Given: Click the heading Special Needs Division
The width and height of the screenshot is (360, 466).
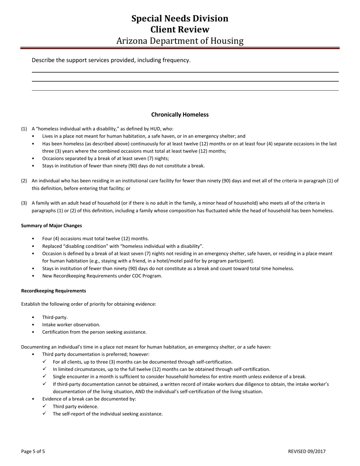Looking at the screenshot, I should [180, 19].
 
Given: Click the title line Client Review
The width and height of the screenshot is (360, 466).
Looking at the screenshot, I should [180, 30].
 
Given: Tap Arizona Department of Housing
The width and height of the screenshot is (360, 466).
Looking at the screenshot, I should [180, 41].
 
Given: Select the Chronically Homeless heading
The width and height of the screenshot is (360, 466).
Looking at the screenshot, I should [180, 114].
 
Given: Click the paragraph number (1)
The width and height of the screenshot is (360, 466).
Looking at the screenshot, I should [24, 129].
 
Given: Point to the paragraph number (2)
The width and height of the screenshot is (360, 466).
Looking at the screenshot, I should [24, 181].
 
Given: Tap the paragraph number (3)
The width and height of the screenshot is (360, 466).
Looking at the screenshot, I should [24, 203].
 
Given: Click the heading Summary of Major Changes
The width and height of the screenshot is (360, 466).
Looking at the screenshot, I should [52, 225].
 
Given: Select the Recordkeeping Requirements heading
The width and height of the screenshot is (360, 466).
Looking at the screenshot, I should [53, 291].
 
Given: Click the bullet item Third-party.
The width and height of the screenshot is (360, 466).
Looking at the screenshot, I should [55, 317].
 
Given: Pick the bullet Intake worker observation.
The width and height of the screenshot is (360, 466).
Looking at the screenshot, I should [71, 325].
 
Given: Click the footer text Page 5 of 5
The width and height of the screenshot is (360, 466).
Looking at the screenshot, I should [33, 451].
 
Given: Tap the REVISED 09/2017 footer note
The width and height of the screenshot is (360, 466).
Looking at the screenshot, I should [307, 451].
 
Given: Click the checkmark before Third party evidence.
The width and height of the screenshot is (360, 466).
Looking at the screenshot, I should [44, 406].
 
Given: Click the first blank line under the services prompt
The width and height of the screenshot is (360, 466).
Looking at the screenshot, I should [185, 72].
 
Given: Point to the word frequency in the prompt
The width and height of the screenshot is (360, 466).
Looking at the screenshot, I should [177, 60].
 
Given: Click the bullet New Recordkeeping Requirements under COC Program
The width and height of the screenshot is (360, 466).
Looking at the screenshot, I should [102, 276].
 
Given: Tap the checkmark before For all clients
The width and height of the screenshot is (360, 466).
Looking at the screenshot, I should [44, 361].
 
